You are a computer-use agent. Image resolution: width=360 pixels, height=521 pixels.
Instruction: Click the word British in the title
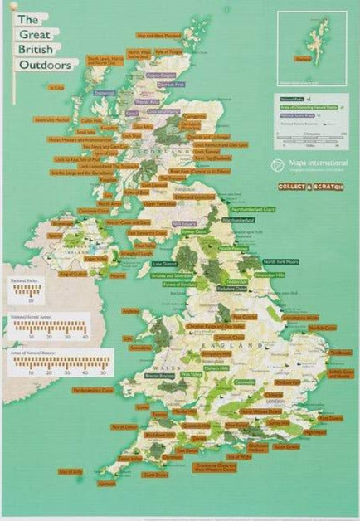[x=46, y=49]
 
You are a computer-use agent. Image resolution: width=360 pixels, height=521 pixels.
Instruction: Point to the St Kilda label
[x=57, y=86]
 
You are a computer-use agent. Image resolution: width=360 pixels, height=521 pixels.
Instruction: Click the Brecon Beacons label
[x=158, y=376]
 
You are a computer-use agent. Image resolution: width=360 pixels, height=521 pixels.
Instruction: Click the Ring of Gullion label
[x=72, y=273]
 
